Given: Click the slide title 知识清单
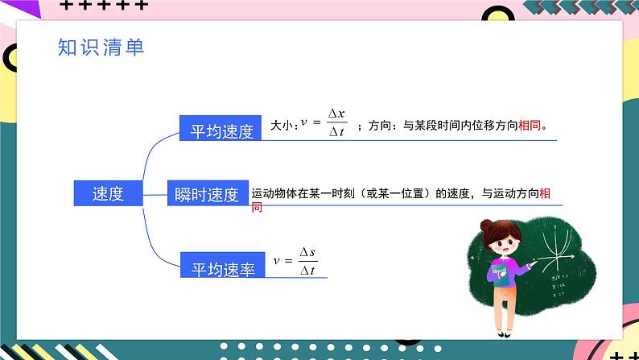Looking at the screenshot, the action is click(101, 47).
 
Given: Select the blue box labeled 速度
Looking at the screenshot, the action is click(108, 193).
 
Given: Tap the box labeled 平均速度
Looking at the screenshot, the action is click(220, 128).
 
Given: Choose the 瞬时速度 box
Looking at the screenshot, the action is click(208, 193).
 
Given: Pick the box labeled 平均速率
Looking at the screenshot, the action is click(222, 265).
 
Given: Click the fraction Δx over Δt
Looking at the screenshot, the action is click(336, 122).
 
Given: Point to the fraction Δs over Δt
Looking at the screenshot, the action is click(307, 261).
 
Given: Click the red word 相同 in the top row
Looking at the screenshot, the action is click(530, 125).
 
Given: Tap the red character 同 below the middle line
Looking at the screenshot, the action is click(257, 208).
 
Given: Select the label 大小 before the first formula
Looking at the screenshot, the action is click(282, 125).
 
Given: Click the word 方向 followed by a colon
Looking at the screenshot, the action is click(380, 125).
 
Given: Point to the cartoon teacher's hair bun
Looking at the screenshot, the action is click(486, 225).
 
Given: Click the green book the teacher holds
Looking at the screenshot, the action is click(500, 275).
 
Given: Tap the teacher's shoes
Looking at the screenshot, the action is click(504, 334).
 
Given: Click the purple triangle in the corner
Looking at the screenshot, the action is click(28, 9).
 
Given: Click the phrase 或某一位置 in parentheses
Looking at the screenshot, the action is click(395, 193).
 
